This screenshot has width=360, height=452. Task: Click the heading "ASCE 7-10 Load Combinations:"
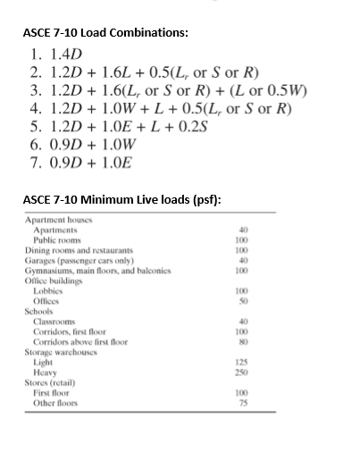pyautogui.click(x=105, y=32)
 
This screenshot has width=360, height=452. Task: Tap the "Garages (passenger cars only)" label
pyautogui.click(x=77, y=259)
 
